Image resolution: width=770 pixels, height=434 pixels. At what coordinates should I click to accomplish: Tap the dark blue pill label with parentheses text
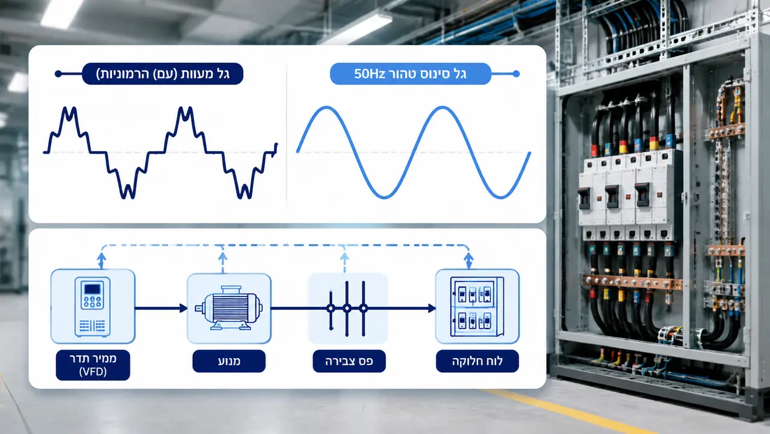point(163,74)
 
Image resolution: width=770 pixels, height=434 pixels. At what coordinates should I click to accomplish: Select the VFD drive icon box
point(93,306)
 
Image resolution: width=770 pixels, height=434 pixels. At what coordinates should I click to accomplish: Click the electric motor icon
point(229,308)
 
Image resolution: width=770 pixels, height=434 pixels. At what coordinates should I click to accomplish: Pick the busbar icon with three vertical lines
point(347,309)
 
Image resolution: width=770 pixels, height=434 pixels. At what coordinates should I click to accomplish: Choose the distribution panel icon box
point(477,306)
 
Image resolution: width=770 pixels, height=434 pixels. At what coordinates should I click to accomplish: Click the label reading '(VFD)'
point(93,372)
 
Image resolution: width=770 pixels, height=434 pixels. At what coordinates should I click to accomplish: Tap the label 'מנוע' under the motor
point(229,361)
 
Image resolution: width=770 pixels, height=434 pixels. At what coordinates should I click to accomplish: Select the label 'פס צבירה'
point(349,361)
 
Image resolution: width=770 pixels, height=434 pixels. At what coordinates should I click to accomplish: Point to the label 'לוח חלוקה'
point(477,361)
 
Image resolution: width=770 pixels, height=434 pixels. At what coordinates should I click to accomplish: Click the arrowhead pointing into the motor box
point(183,308)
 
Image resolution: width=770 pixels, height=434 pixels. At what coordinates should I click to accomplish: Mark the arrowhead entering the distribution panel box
point(432,308)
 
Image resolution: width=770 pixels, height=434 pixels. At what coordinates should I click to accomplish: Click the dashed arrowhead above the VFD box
point(101,257)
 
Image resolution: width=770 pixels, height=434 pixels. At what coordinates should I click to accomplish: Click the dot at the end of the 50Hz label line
point(516,74)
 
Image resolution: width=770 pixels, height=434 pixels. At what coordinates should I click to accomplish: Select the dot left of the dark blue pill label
point(58,74)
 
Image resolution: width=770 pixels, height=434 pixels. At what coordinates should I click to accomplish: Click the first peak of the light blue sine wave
point(326,108)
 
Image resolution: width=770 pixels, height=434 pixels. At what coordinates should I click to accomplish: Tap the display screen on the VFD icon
point(92,289)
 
